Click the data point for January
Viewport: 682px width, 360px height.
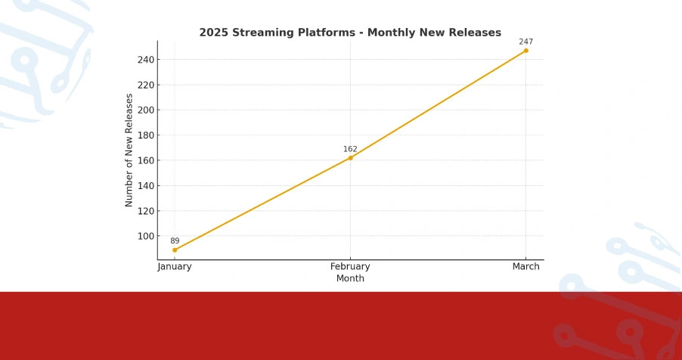pos(175,250)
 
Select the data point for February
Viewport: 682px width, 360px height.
pos(350,157)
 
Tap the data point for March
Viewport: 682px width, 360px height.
pos(525,51)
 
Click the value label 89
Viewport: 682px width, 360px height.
pos(175,241)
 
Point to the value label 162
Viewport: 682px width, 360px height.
pos(350,149)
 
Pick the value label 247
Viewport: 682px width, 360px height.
pos(525,42)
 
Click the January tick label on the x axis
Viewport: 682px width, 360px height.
pos(175,267)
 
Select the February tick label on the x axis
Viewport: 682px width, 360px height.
pos(350,267)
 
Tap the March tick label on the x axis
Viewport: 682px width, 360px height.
pos(525,267)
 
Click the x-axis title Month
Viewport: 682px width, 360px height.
pos(350,278)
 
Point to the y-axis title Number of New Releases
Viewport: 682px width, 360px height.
pos(129,150)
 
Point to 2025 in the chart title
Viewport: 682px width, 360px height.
pos(212,33)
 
